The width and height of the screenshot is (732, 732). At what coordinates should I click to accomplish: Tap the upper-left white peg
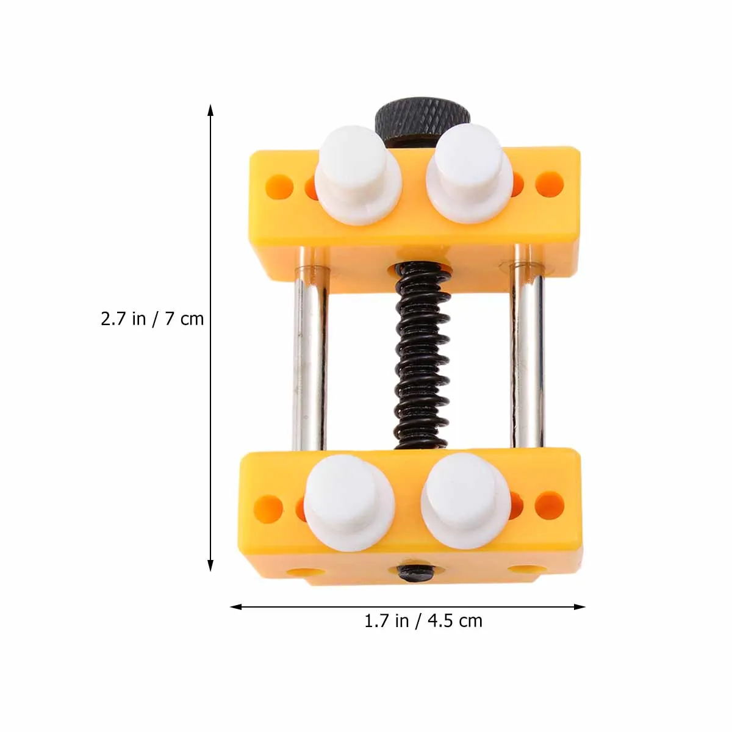point(357,175)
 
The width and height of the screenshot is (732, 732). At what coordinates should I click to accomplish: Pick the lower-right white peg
point(465,501)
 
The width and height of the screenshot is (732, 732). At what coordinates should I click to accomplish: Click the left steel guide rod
point(310,349)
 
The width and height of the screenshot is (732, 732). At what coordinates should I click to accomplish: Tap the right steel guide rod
point(528,346)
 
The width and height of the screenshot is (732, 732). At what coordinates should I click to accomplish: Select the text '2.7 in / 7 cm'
point(152,319)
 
